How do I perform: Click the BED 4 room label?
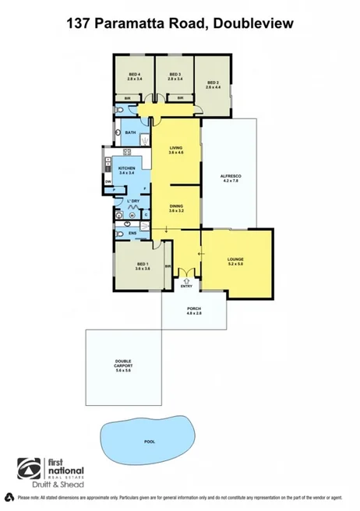pos(134,76)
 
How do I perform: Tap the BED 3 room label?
pos(174,76)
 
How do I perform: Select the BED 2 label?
pos(214,84)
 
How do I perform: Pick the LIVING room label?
pos(176,149)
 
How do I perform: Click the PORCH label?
pos(194,311)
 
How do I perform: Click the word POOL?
pos(149,441)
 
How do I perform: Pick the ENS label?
pos(132,232)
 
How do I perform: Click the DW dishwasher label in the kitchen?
pos(108,182)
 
